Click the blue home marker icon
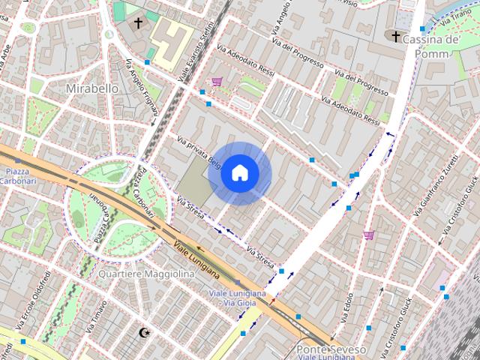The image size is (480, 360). click(x=239, y=173)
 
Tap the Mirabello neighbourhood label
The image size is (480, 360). click(x=92, y=88)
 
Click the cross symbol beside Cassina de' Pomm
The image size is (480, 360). click(x=396, y=36)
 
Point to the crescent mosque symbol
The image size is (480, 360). click(x=145, y=331)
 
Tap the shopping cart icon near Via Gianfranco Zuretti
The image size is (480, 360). click(x=368, y=235)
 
